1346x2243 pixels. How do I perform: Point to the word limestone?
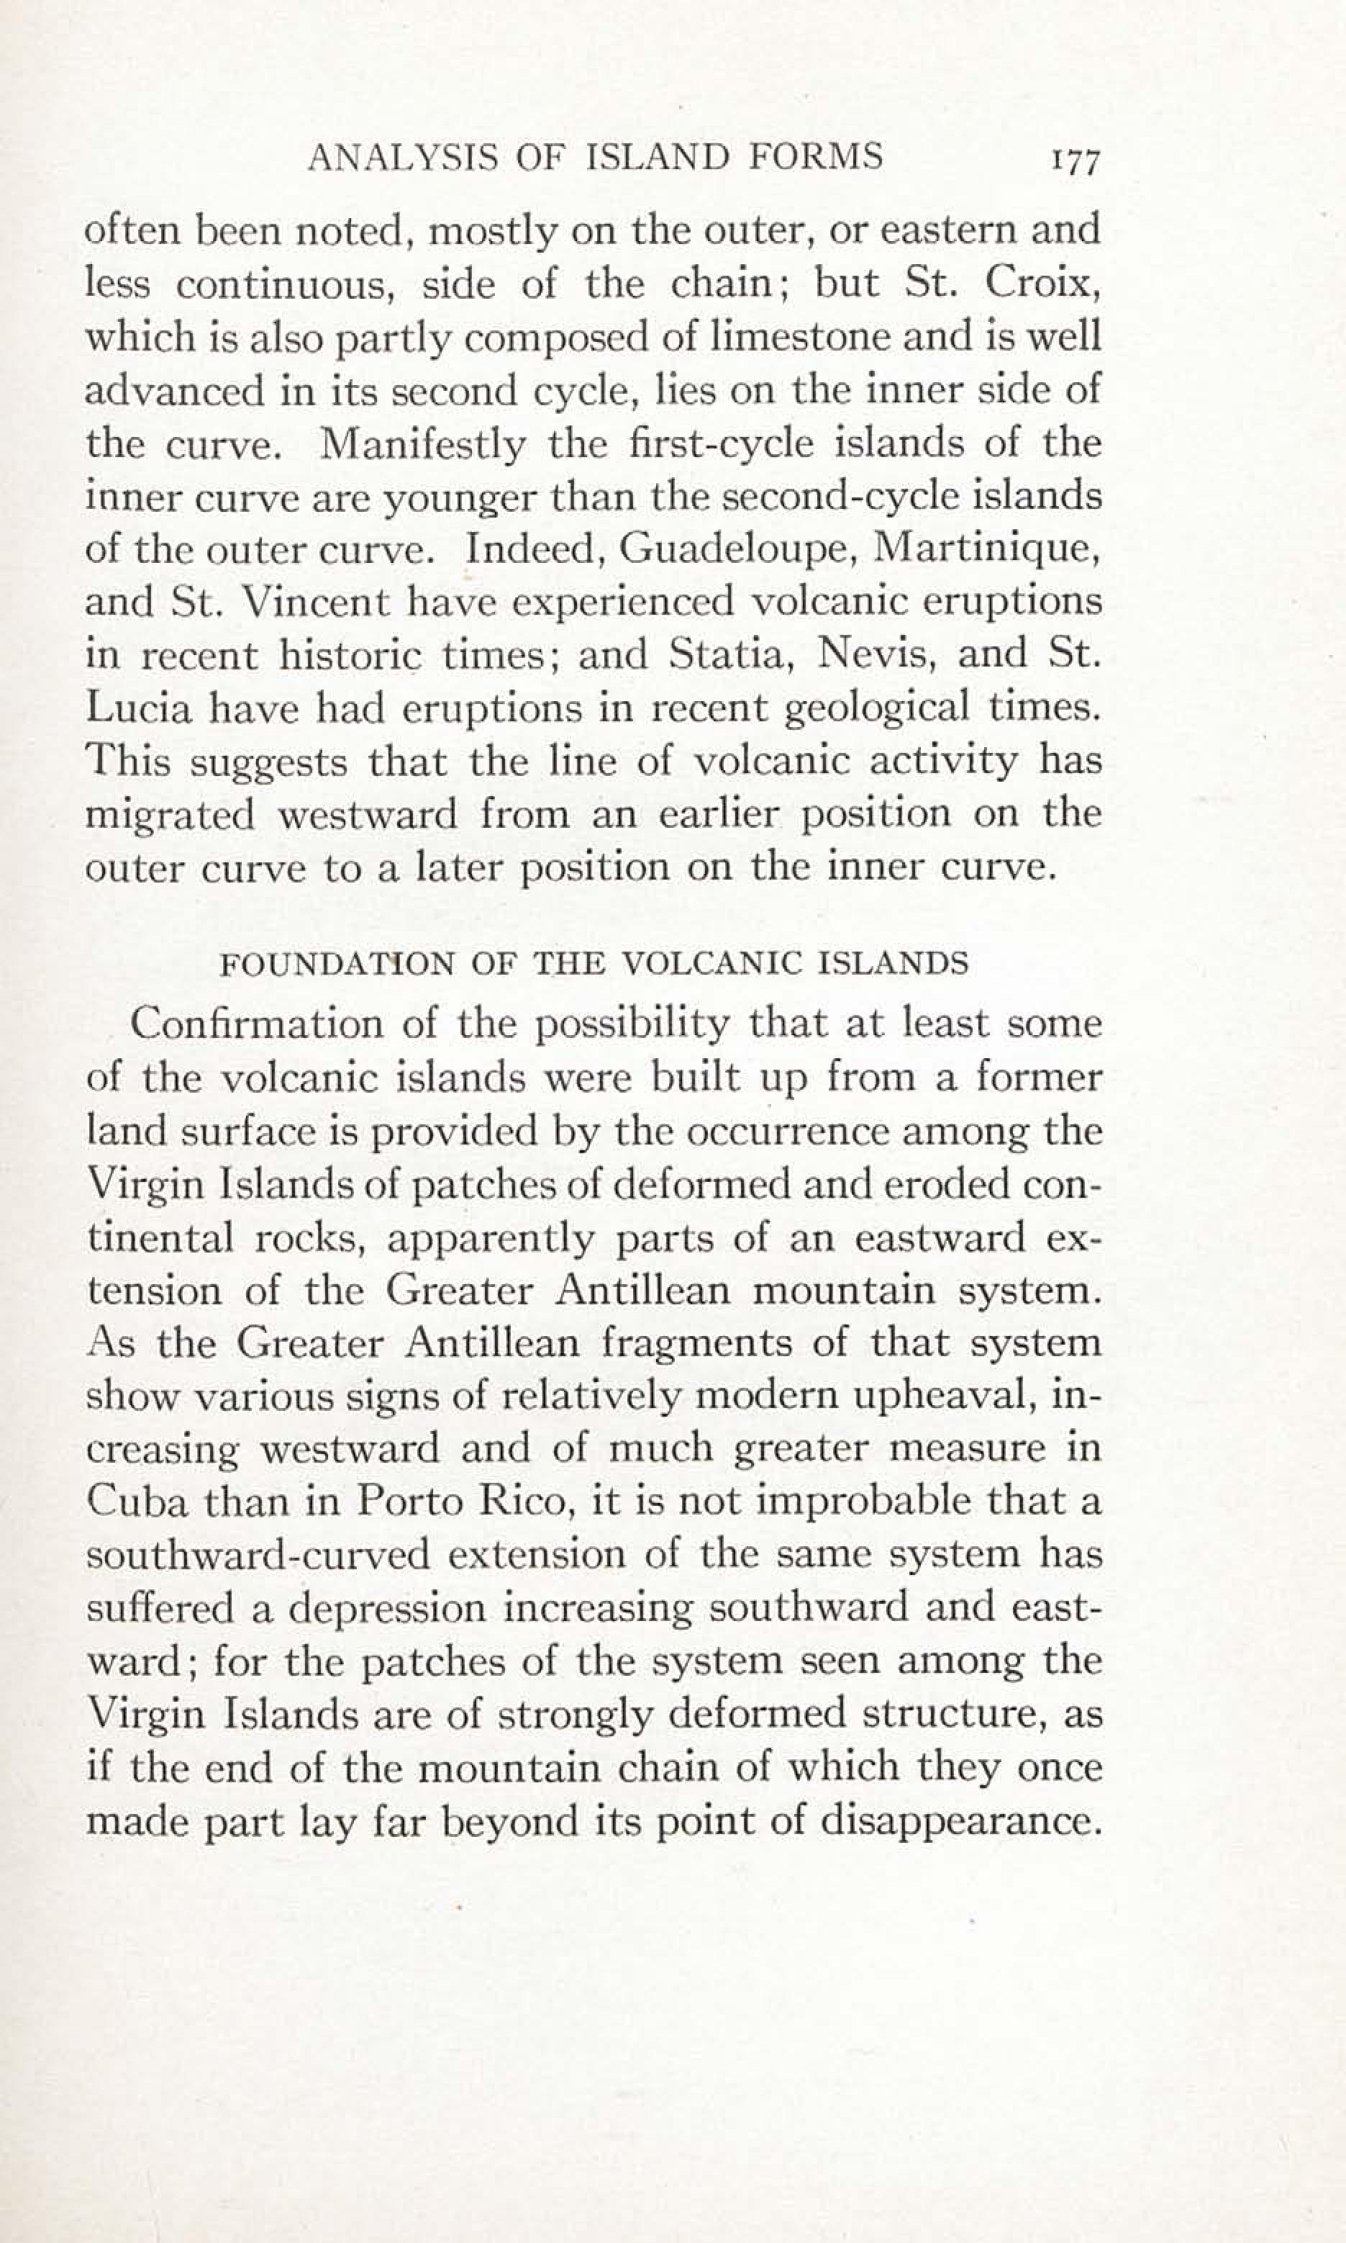(x=793, y=338)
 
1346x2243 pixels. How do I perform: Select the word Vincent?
(x=304, y=603)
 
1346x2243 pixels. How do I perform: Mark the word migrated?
(x=170, y=815)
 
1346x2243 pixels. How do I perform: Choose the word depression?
(x=390, y=1609)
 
